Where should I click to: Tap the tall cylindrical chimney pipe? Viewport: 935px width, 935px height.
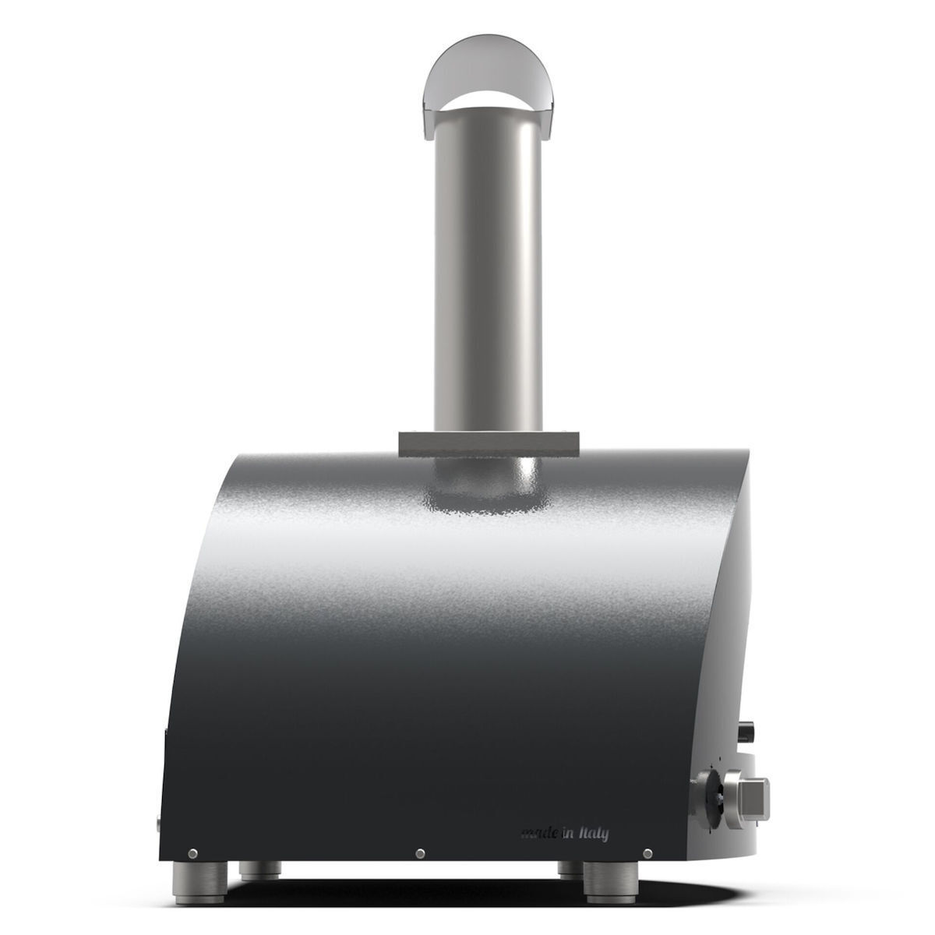click(x=487, y=272)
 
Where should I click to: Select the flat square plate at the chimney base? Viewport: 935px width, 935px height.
click(x=489, y=443)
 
